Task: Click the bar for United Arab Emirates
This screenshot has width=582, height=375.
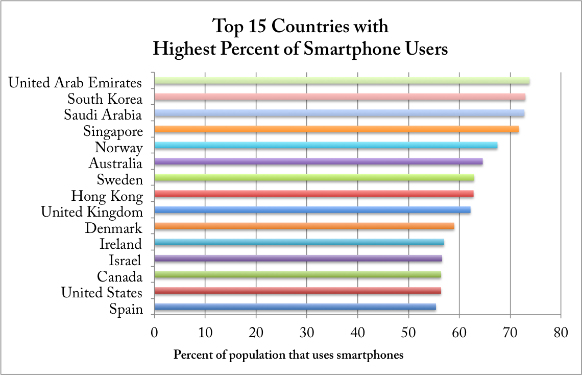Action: pos(342,81)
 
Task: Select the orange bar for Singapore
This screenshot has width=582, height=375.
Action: pos(336,129)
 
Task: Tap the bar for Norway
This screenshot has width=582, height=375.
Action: pos(326,146)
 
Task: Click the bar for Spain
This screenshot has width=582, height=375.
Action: pos(295,307)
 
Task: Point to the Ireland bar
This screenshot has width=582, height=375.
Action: pos(299,243)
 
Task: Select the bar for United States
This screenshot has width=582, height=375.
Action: pos(298,291)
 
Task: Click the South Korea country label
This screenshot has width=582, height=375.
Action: pos(105,99)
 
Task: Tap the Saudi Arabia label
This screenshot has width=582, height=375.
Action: pos(103,115)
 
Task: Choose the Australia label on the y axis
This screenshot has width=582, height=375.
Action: pos(115,164)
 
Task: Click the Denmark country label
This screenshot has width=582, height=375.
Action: pos(113,228)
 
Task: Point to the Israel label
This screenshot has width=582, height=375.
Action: pos(125,261)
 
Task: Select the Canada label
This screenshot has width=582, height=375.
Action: pos(119,277)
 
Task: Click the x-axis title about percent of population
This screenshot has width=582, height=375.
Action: pos(288,355)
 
